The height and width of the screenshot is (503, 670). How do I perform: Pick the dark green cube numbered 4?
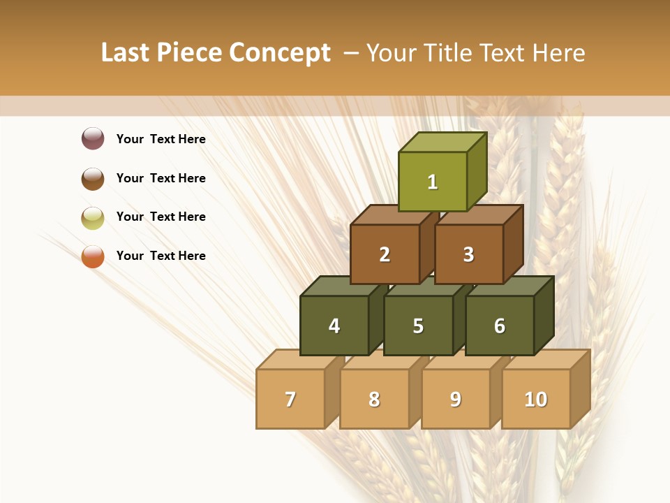pos(334,326)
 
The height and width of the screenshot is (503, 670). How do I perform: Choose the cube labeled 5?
pos(418,326)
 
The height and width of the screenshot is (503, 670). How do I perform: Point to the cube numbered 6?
pos(500,326)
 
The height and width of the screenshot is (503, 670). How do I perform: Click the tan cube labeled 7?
pos(290,399)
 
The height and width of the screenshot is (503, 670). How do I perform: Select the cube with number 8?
pos(374,399)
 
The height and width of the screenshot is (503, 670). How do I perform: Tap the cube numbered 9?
pos(456,399)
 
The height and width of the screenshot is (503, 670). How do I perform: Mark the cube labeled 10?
pos(536,399)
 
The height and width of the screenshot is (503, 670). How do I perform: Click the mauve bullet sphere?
pos(93,138)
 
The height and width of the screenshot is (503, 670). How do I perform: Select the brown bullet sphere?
pos(93,178)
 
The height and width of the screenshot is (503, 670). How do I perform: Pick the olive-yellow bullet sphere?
pos(93,217)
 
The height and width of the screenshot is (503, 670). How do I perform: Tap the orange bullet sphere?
pos(93,256)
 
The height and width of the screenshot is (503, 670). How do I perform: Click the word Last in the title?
pos(126,53)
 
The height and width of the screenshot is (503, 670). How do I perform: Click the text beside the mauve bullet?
pos(161,139)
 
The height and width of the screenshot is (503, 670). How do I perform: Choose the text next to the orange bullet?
pos(161,256)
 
